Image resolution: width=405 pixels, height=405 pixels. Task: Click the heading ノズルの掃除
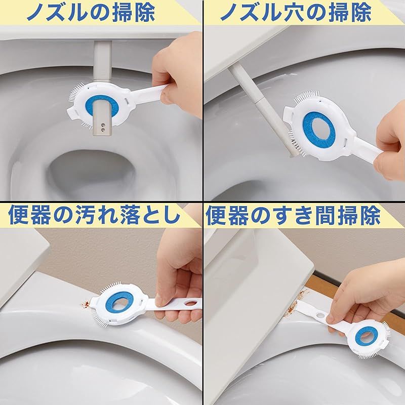[91, 12]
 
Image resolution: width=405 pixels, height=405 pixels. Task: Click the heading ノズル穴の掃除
[296, 12]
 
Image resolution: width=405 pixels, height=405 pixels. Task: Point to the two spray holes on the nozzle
[103, 126]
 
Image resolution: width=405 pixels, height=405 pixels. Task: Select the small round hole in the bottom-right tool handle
[321, 315]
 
